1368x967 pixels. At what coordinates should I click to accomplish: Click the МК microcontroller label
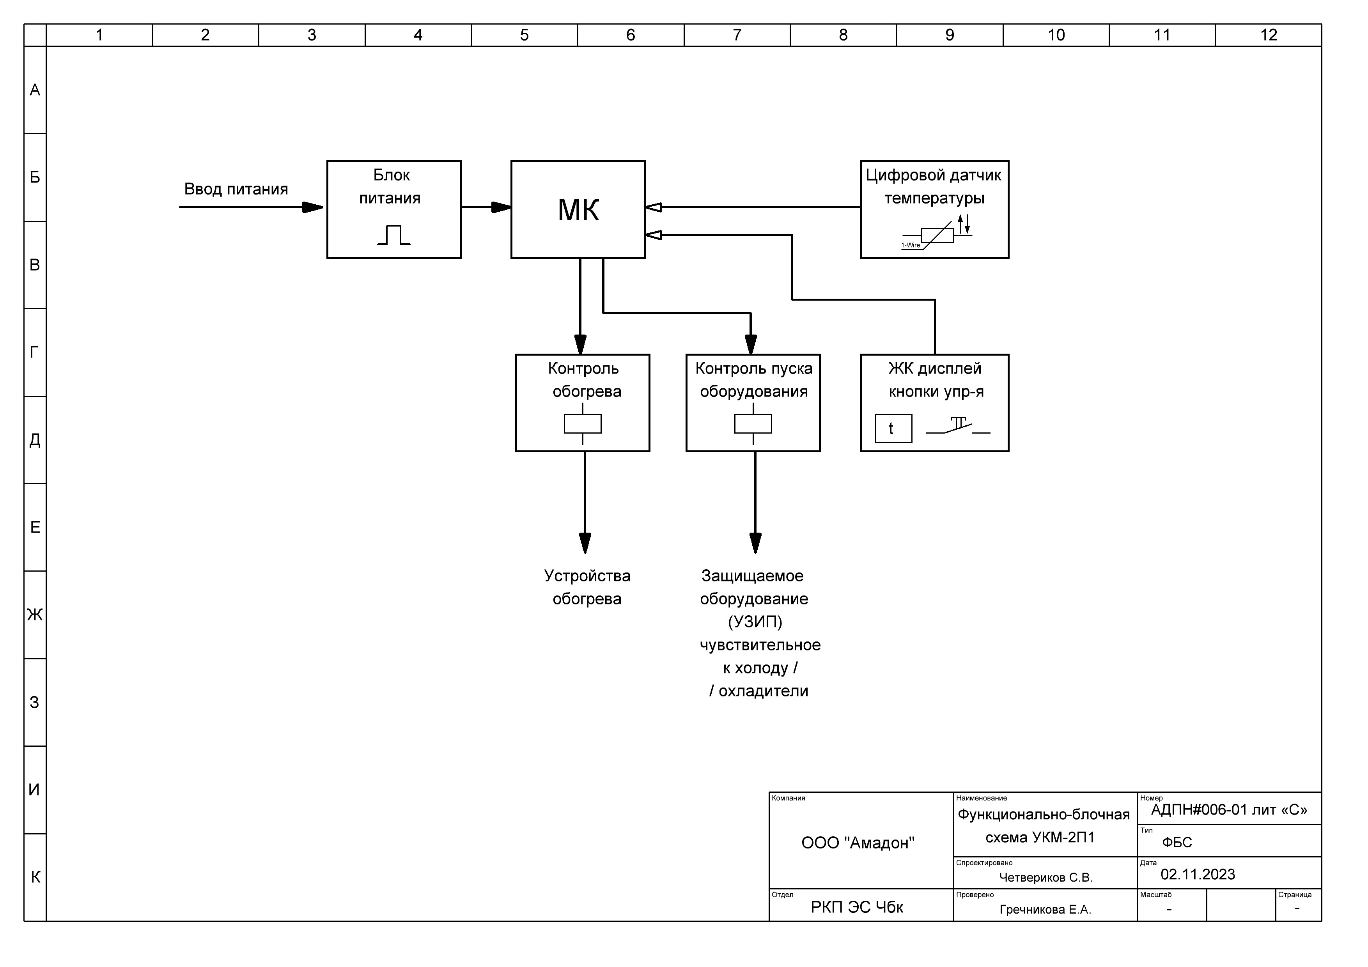pyautogui.click(x=578, y=210)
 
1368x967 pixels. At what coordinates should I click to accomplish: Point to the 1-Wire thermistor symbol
pyautogui.click(x=936, y=234)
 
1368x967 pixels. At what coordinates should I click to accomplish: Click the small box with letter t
pyautogui.click(x=893, y=429)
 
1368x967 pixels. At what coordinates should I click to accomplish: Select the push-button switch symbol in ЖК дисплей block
pyautogui.click(x=957, y=425)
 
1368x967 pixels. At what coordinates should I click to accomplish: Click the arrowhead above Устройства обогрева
pyautogui.click(x=585, y=543)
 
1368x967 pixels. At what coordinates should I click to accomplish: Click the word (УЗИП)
pyautogui.click(x=755, y=622)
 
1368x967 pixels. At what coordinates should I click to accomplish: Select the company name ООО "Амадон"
pyautogui.click(x=858, y=843)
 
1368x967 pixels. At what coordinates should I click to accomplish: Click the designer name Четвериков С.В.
pyautogui.click(x=1045, y=878)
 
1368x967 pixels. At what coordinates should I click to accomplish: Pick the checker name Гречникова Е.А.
pyautogui.click(x=1045, y=910)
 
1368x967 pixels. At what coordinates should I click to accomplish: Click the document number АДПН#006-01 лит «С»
pyautogui.click(x=1229, y=810)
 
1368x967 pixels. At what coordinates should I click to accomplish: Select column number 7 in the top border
pyautogui.click(x=737, y=35)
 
